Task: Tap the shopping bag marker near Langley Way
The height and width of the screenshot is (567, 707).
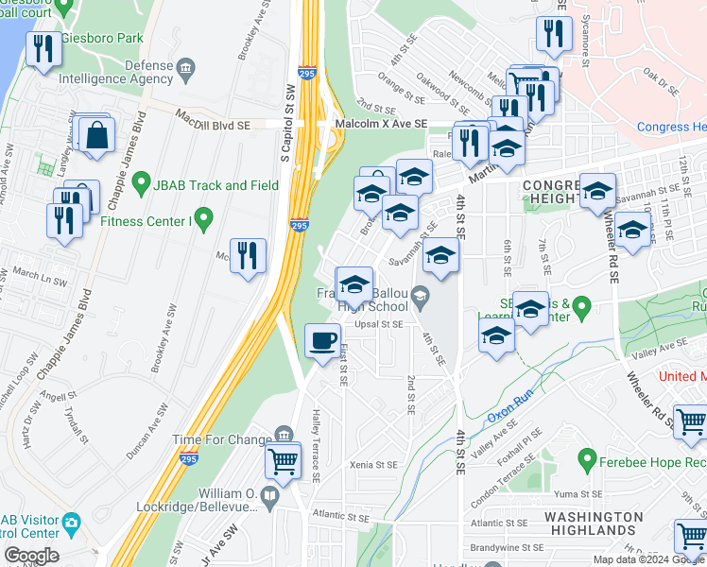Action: coord(97,134)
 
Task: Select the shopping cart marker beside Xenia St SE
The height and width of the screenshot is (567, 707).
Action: coord(284,461)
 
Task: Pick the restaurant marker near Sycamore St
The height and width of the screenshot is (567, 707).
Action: coord(553,35)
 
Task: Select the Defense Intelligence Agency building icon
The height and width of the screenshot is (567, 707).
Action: coord(184,68)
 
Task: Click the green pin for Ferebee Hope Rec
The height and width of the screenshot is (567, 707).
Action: coord(587,463)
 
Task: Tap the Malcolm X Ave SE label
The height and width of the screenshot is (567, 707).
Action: coord(381,124)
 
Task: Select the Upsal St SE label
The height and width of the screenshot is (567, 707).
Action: coord(379,323)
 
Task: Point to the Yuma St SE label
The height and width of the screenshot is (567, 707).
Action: coord(578,494)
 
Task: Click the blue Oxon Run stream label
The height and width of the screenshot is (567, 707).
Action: coord(511,414)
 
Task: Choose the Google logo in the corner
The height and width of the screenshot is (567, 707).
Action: coord(31,556)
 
